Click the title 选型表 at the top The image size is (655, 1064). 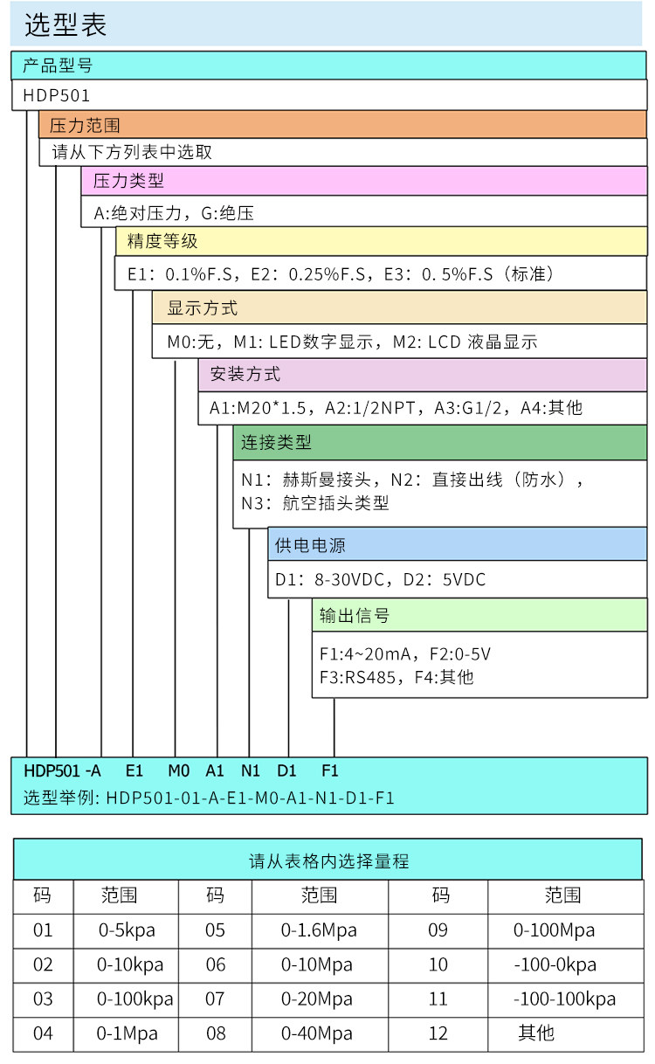65,25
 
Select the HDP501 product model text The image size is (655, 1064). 56,95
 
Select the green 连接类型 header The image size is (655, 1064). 276,442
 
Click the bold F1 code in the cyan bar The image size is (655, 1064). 329,770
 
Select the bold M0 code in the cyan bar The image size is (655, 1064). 178,770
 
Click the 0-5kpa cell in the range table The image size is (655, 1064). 127,929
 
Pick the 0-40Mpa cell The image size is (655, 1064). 317,1033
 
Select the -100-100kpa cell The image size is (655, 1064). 564,998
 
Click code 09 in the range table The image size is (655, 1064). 438,929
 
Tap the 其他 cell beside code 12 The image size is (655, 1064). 536,1033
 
